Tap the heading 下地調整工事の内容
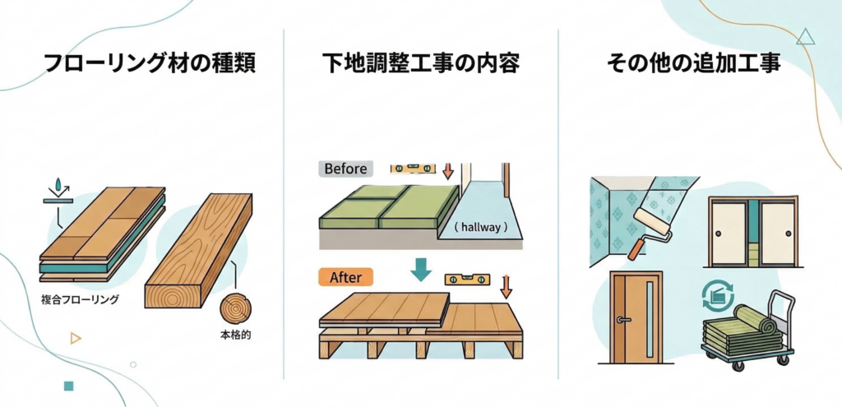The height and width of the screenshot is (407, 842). (x=421, y=62)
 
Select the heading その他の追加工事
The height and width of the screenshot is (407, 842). (x=692, y=62)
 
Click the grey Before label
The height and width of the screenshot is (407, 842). (x=345, y=169)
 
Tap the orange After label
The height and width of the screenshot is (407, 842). (x=345, y=278)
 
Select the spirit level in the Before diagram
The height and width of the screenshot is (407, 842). (x=411, y=168)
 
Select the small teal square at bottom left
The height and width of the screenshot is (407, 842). (x=68, y=385)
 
